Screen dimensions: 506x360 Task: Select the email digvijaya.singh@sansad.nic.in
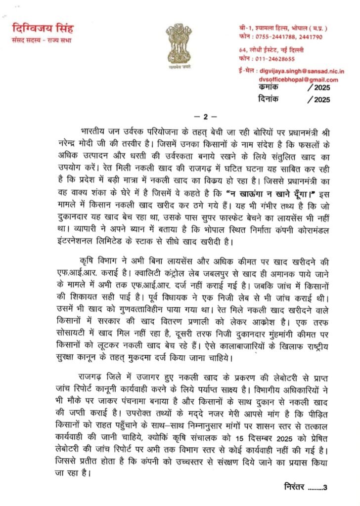(x=302, y=72)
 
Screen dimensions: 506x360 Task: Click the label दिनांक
(x=270, y=99)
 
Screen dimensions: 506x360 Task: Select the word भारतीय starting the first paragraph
(x=94, y=133)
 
